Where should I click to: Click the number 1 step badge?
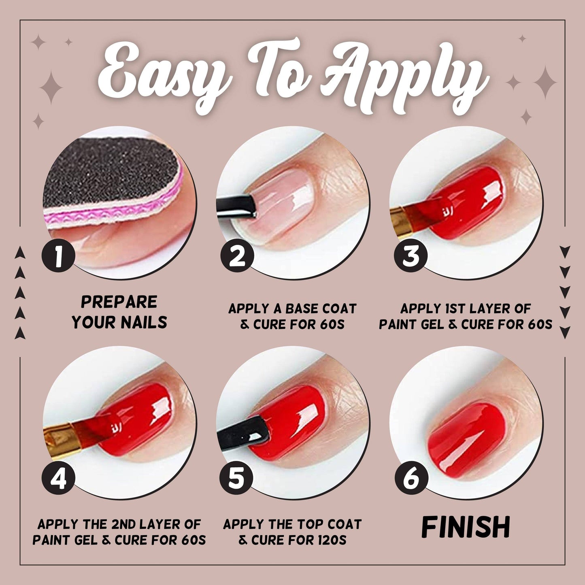[x=59, y=256]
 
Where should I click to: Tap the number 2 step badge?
[x=237, y=256]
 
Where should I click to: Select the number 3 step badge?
[x=411, y=256]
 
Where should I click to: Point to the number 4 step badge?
[x=59, y=479]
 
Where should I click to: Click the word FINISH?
[x=466, y=527]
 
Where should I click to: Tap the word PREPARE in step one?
[x=119, y=302]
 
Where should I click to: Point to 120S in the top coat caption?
[x=330, y=540]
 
